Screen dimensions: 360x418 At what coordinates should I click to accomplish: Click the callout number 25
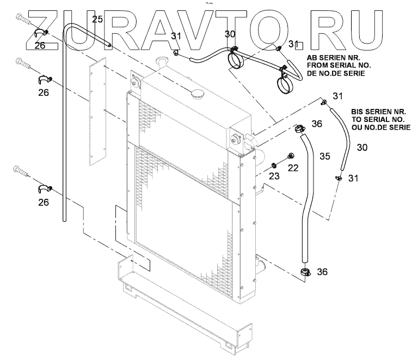click(x=97, y=20)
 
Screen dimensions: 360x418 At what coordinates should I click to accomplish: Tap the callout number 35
click(x=325, y=156)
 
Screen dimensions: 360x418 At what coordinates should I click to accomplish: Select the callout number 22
click(x=293, y=168)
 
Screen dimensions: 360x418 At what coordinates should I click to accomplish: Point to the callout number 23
click(x=274, y=176)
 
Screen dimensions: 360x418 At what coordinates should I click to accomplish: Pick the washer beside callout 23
click(x=272, y=164)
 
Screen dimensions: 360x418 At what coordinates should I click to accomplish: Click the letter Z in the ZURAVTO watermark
click(x=46, y=28)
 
